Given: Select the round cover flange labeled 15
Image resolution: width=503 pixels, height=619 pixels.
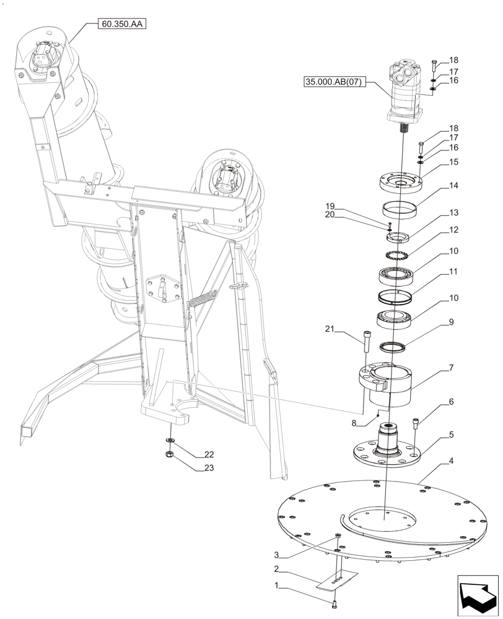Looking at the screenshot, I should pos(400,183).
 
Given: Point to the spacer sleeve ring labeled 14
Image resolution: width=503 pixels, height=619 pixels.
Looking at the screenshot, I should pos(400,210).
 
